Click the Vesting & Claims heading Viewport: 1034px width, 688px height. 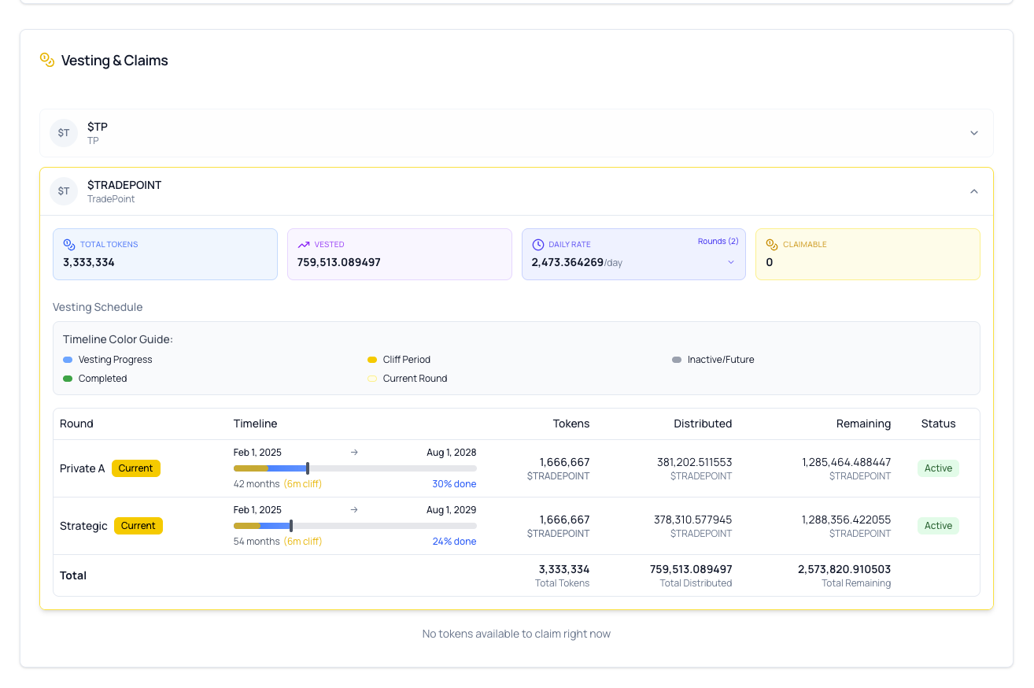114,61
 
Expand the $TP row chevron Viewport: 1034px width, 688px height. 973,133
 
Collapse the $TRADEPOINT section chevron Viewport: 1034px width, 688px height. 973,191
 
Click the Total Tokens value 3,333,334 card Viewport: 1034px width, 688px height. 89,262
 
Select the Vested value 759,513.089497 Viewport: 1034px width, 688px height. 338,262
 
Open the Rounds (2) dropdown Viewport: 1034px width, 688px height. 718,242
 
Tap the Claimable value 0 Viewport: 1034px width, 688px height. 770,262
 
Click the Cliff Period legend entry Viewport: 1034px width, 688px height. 406,360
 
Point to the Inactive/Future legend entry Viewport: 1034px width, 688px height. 720,360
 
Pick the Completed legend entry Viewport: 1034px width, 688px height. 102,379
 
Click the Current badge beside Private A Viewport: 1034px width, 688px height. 135,468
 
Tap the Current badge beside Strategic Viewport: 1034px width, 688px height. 138,526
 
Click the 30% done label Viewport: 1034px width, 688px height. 454,484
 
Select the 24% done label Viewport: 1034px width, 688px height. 454,542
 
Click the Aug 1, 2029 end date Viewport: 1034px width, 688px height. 451,510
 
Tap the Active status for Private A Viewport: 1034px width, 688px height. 938,468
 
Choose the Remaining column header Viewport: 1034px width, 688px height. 863,424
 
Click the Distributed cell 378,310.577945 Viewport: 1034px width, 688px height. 692,520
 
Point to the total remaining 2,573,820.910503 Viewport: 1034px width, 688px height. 844,569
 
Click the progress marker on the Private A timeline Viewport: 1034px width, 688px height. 308,468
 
